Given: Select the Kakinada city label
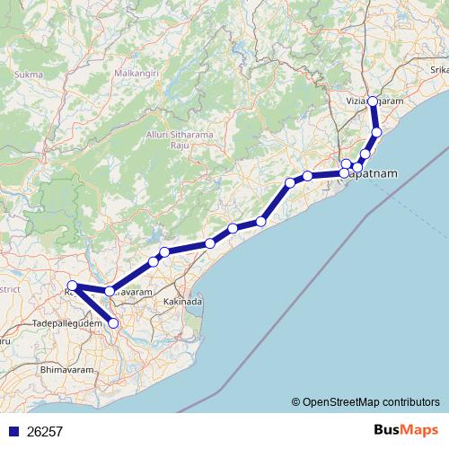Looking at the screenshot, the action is coord(182,303).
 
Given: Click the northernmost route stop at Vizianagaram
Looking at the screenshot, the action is coord(373,102).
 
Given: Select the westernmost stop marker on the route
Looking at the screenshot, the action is coord(73,286).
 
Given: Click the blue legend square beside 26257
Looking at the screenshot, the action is coord(13,432).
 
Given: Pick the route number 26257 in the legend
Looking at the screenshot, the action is coord(45,432).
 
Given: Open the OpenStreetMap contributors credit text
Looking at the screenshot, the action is coord(371,402).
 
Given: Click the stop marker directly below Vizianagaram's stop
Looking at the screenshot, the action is coord(377,133).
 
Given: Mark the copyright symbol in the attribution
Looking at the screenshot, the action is coord(296,402).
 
